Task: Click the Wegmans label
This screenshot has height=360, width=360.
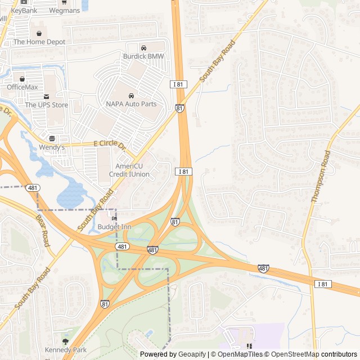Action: point(64,10)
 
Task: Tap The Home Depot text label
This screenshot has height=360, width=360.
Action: point(39,42)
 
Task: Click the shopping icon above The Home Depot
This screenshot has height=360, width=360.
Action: point(39,33)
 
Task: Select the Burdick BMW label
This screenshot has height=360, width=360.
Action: point(143,56)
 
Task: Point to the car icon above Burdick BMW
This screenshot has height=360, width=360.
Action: point(143,48)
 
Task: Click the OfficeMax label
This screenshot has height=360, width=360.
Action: point(22,87)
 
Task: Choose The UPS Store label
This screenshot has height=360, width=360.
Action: point(46,105)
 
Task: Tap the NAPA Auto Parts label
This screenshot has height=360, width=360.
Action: point(131,104)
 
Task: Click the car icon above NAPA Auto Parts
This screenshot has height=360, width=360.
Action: point(131,96)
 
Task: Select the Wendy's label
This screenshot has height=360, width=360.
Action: point(52,147)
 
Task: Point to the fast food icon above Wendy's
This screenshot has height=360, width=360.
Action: point(52,138)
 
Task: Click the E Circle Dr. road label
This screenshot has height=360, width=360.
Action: point(110,145)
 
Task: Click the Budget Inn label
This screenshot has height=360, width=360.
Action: point(114,227)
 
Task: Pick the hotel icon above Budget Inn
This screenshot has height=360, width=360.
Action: point(114,218)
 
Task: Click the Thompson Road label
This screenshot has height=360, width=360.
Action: point(321,176)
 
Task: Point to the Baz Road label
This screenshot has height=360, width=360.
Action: point(43,229)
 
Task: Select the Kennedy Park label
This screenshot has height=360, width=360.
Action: point(66,350)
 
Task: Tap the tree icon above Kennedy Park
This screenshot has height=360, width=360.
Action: point(66,341)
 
